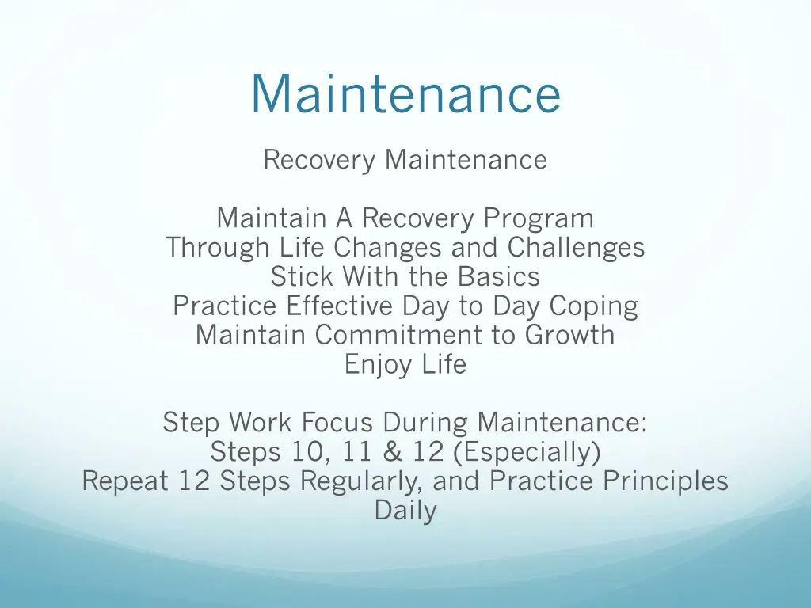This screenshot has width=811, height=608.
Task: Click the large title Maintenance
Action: pos(405,94)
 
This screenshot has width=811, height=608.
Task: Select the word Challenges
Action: pos(576,248)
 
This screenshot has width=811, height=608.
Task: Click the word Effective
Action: pos(340,306)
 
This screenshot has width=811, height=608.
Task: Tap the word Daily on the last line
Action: pos(405,511)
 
